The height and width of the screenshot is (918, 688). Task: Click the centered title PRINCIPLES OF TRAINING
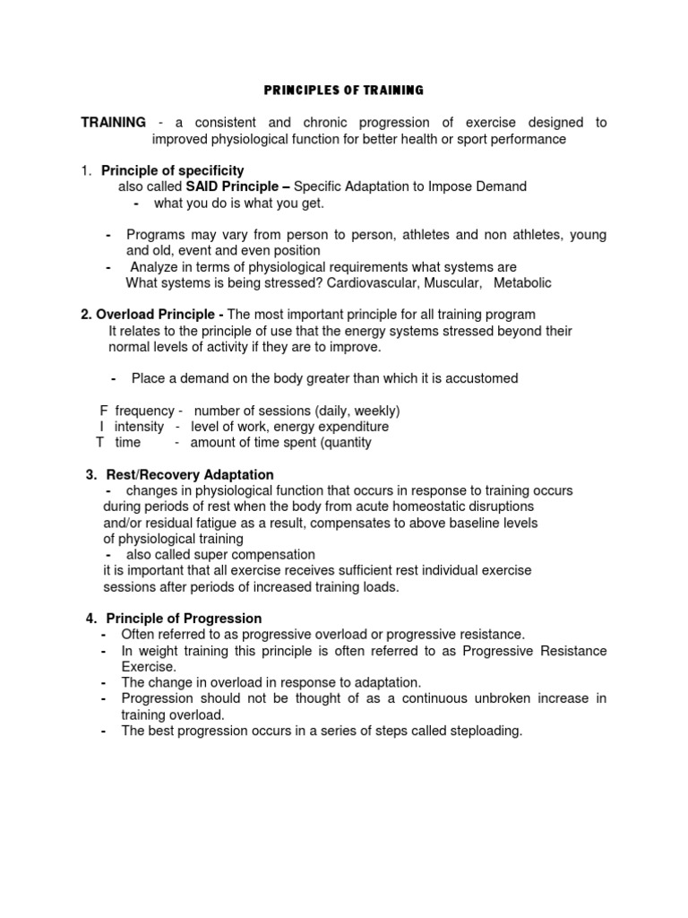click(x=344, y=91)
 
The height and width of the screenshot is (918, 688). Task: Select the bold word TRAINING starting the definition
click(x=113, y=122)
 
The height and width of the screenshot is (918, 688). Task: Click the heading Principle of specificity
click(x=172, y=170)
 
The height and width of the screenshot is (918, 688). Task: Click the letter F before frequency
click(x=103, y=411)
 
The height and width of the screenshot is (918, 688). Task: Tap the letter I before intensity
click(x=103, y=427)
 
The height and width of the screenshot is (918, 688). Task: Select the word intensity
click(x=139, y=427)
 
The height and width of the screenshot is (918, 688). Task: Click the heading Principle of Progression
click(x=184, y=619)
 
